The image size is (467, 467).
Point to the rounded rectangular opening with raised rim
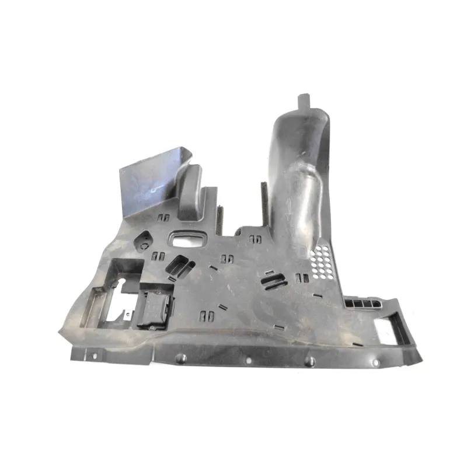[x=189, y=239]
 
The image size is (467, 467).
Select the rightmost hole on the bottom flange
[x=375, y=363]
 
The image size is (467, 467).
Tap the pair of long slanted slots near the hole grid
[x=274, y=278]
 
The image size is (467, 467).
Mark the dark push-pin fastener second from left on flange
[x=181, y=359]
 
